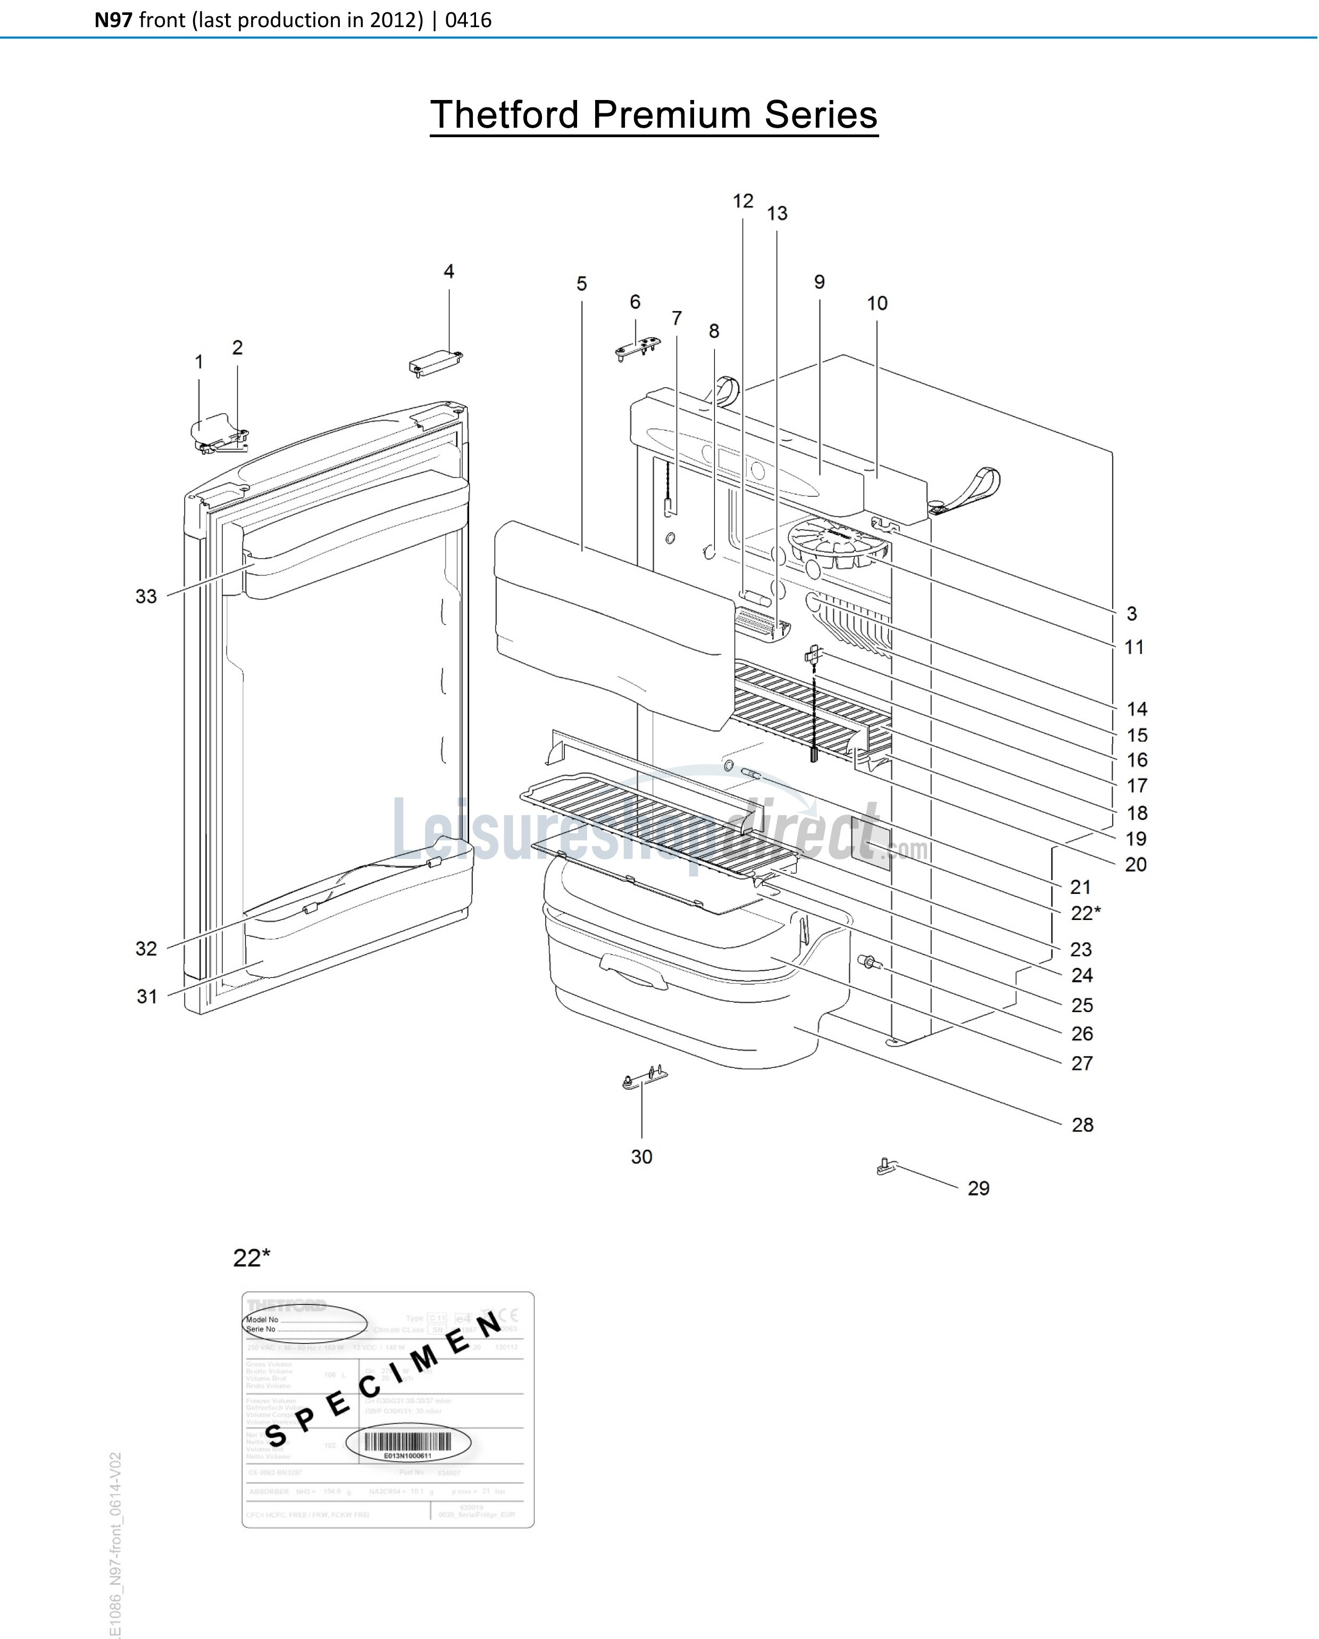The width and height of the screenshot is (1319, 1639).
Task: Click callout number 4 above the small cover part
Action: [448, 271]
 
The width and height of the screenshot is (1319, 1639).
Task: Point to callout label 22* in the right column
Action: [1085, 913]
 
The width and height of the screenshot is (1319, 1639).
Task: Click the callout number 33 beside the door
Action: [146, 596]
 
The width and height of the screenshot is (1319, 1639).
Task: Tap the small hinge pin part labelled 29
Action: [887, 1165]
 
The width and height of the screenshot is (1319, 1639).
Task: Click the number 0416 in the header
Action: [469, 20]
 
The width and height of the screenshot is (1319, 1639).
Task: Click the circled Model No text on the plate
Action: [263, 1320]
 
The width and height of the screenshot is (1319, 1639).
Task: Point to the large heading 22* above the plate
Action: [252, 1258]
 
